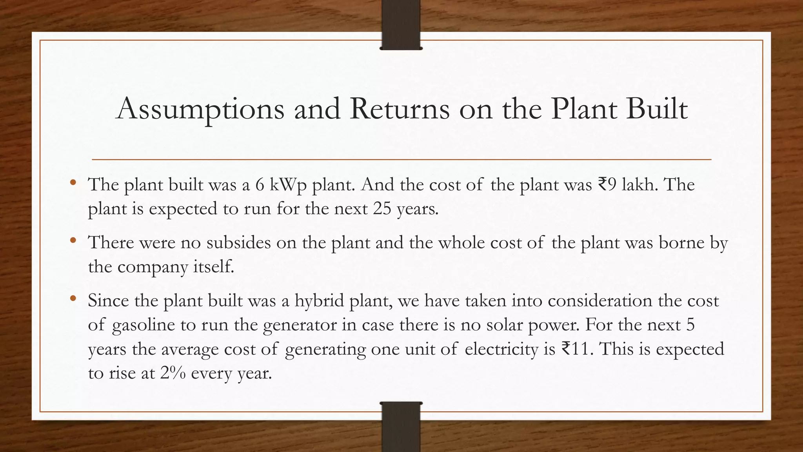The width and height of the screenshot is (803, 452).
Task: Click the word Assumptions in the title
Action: point(200,109)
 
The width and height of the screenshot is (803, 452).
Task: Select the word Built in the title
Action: point(657,109)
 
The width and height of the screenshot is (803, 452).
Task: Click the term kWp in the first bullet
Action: point(288,185)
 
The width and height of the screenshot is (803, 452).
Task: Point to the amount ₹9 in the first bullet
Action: point(607,184)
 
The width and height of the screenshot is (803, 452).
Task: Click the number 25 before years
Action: point(382,209)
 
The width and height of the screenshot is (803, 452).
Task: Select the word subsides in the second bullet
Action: point(238,242)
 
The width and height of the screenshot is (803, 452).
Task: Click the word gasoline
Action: point(144,325)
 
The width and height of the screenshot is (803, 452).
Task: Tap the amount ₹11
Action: point(576,349)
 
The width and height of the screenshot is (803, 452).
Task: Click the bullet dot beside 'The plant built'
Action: point(73,182)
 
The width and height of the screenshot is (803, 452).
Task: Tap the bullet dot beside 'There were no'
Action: point(73,241)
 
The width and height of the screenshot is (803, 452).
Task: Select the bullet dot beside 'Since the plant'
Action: point(73,299)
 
